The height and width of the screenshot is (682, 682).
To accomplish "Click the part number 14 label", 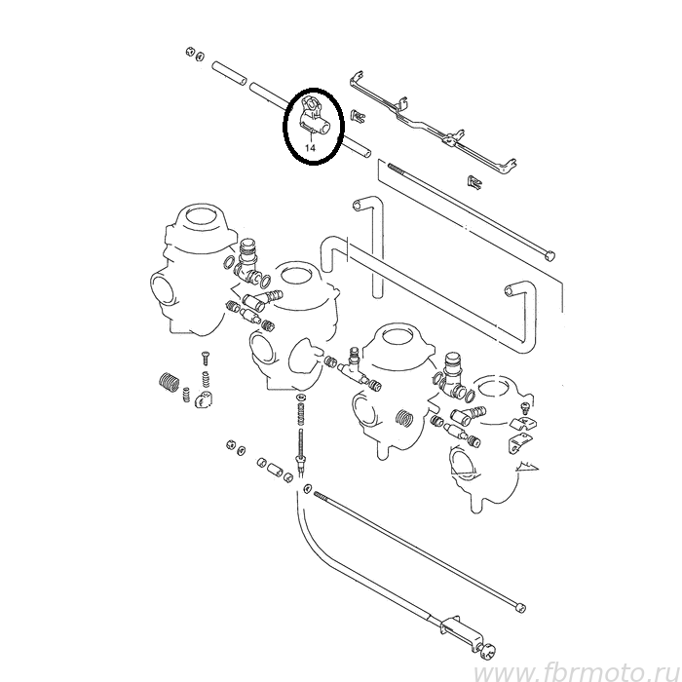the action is point(310,148).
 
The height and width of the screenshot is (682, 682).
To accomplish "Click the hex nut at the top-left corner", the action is point(189,52).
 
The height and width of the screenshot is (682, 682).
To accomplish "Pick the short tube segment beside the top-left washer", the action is point(229,74).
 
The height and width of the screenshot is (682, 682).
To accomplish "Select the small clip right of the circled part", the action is point(358,117).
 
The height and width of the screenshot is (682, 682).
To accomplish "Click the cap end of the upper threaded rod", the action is point(550,254).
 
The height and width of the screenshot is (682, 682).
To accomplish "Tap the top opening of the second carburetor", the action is point(296,274).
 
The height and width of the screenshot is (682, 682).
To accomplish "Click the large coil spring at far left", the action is point(169,381).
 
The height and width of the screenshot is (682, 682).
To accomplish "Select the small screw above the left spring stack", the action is point(205,358).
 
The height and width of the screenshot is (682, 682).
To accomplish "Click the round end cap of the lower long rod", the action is point(519,607).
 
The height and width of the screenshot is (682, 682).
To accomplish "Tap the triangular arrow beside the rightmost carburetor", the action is point(528,468).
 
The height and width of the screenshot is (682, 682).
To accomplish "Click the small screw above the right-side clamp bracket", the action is point(524,407).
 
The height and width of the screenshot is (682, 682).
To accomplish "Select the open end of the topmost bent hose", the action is point(358,204).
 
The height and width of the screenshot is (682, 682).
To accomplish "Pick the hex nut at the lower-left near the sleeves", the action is point(232,444).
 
